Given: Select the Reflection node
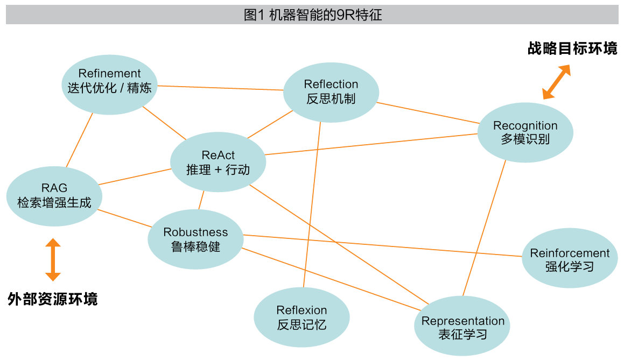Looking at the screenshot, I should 331,92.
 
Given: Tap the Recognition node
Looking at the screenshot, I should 525,132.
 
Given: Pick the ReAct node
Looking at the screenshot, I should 218,162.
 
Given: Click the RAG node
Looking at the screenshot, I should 54,196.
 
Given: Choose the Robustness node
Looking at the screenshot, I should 195,239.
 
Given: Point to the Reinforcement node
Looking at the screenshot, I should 570,259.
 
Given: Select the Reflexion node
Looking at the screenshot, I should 302,317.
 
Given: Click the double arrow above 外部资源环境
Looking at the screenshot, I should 53,260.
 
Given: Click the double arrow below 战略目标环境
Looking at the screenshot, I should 556,82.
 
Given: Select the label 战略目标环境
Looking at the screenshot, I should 572,49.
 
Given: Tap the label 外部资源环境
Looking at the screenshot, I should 53,299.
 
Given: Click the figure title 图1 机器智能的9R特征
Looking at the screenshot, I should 312,15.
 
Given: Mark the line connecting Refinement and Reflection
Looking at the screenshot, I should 221,88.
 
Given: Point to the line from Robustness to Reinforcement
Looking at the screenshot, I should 382,246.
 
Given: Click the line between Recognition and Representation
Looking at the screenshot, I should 485,228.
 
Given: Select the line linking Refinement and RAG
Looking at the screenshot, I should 80,140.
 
